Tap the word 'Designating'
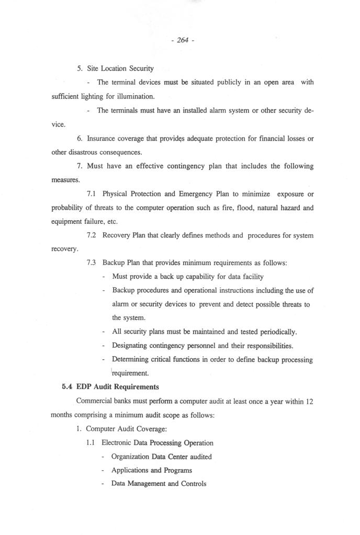coord(129,346)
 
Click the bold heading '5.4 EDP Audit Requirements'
coord(110,387)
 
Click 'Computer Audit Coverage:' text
coord(126,429)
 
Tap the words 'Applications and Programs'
coord(151,470)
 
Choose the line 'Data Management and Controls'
coord(159,484)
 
